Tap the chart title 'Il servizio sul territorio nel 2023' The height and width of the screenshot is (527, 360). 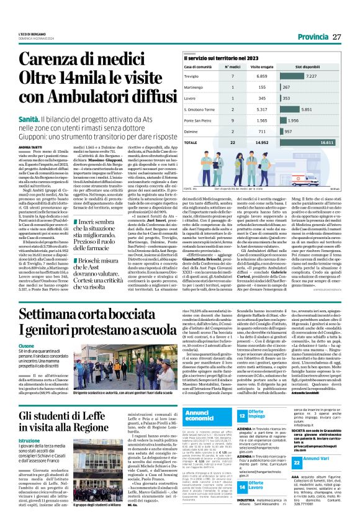[215, 57]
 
